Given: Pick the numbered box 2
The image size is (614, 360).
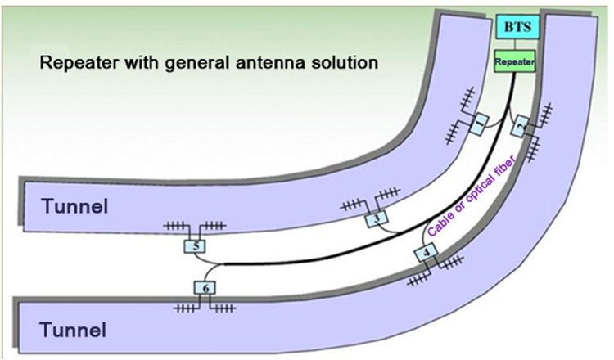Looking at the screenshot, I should coord(519,124).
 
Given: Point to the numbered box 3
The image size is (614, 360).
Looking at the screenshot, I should coord(376,218).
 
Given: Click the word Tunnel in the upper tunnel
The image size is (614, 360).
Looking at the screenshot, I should coord(72,207).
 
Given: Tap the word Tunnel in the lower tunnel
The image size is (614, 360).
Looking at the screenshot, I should coord(72,330).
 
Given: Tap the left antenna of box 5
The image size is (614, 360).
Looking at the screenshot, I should coord(176,225).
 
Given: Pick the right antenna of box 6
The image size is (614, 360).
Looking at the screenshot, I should coord(225,308).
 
